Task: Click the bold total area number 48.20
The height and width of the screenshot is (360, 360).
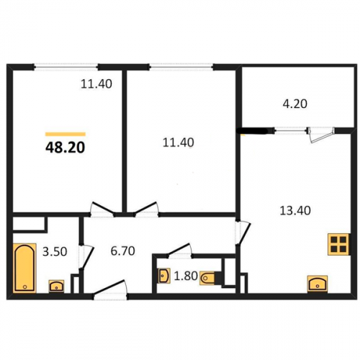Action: (65, 148)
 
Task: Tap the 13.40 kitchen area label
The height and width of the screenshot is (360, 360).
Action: (295, 210)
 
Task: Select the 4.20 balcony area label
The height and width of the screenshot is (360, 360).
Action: (295, 104)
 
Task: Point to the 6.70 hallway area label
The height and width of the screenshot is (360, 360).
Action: (122, 251)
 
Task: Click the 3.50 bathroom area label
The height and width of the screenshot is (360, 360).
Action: (55, 252)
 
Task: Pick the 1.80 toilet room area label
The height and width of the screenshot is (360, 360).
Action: (186, 276)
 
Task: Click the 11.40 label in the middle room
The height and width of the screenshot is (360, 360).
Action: (179, 143)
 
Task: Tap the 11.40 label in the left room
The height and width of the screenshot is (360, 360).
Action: (96, 84)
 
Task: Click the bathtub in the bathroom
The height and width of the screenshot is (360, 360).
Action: (24, 268)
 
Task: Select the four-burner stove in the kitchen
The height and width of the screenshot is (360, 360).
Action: (338, 244)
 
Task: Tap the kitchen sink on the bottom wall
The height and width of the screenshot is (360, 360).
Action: (318, 284)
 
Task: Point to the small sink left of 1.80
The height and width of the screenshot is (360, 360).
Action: (164, 276)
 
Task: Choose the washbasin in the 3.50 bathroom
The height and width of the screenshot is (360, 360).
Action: (56, 286)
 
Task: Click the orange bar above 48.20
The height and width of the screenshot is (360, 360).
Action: (66, 134)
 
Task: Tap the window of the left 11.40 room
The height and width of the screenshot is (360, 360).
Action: (66, 67)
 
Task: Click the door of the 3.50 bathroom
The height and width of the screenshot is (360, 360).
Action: (86, 257)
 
